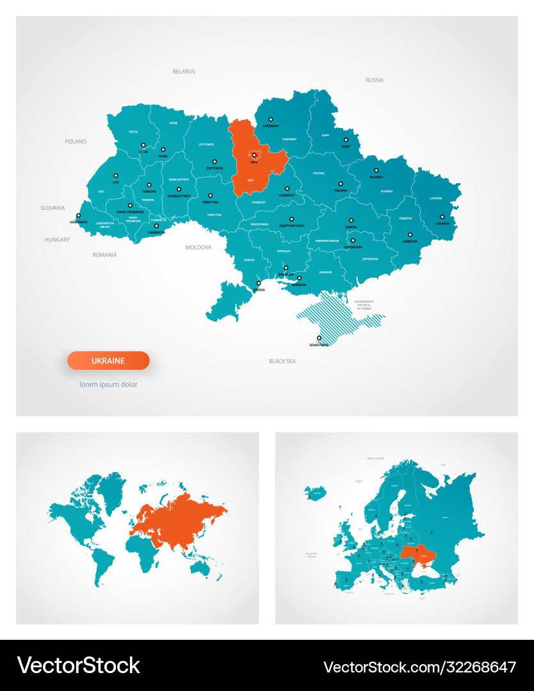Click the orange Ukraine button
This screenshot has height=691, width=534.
tap(108, 361)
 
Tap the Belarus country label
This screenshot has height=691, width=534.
tap(184, 72)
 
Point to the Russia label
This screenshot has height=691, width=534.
tap(375, 80)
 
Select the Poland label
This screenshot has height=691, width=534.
tap(76, 141)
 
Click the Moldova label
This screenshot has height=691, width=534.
tap(198, 246)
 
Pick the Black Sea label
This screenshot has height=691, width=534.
tap(282, 361)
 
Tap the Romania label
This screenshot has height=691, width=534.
tap(104, 255)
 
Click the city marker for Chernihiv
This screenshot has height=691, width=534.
tap(271, 119)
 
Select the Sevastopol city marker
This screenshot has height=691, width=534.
tap(319, 338)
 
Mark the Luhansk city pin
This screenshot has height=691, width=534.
tap(442, 216)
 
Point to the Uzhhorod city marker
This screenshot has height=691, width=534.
tap(79, 216)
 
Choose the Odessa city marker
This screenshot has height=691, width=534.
tap(259, 283)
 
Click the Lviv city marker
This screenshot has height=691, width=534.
tap(116, 175)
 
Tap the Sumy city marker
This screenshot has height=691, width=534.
tap(346, 139)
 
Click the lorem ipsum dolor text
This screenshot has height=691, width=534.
tap(108, 385)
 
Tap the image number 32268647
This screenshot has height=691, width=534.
tap(419, 667)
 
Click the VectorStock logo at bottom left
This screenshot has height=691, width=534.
tap(78, 665)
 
